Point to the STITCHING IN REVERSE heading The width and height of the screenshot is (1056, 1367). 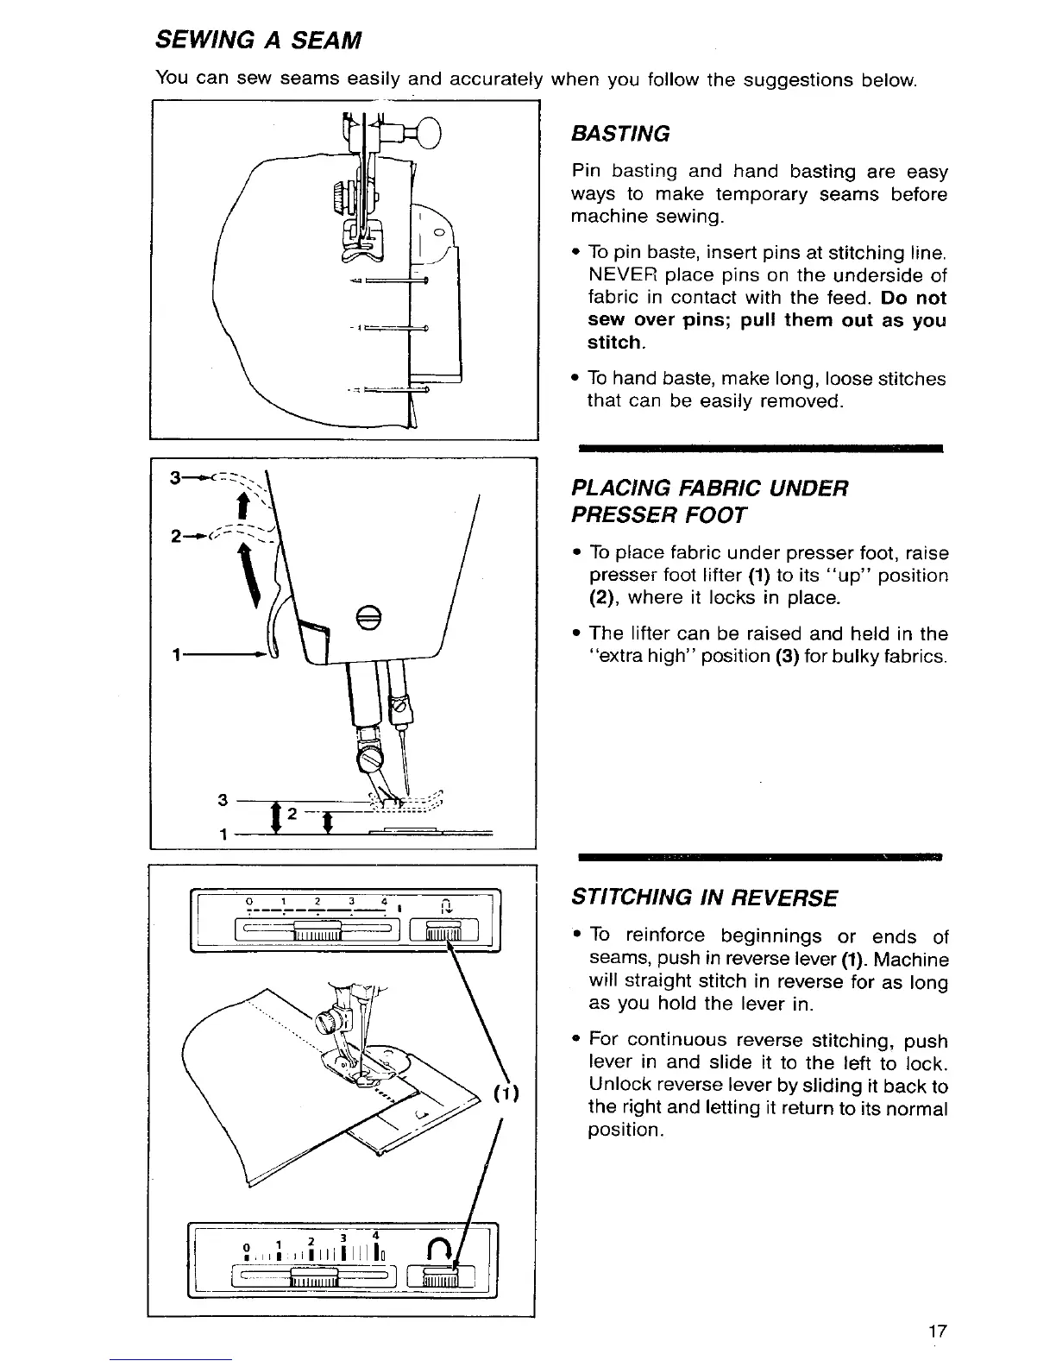(x=704, y=898)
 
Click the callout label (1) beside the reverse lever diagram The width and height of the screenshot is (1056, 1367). (x=506, y=1094)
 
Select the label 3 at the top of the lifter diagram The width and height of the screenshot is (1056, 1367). (x=175, y=476)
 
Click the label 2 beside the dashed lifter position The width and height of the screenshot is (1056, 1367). (x=175, y=537)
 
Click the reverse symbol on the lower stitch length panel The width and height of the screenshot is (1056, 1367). (x=438, y=1248)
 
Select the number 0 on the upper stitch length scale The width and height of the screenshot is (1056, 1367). (x=249, y=903)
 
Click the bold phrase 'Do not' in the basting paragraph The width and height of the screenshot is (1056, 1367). (x=915, y=298)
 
